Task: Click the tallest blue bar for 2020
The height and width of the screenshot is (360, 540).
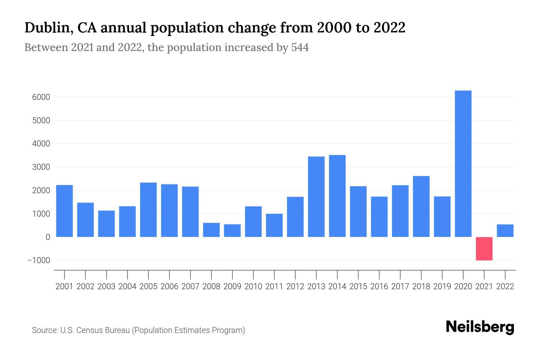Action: pyautogui.click(x=463, y=163)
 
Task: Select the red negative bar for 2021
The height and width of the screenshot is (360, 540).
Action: pyautogui.click(x=484, y=249)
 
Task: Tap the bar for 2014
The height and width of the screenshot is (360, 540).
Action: pyautogui.click(x=337, y=196)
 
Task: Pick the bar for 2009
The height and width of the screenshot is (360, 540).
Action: pyautogui.click(x=232, y=231)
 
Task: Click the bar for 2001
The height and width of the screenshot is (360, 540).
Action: pyautogui.click(x=64, y=211)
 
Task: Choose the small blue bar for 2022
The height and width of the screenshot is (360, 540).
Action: pyautogui.click(x=505, y=231)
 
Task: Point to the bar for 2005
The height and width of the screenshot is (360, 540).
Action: pyautogui.click(x=148, y=210)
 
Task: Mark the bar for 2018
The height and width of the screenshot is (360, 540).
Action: pyautogui.click(x=421, y=206)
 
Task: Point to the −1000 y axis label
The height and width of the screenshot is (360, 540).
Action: pyautogui.click(x=39, y=260)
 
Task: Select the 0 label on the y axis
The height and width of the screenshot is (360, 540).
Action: pyautogui.click(x=48, y=237)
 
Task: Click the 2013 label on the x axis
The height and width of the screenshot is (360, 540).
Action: pyautogui.click(x=316, y=286)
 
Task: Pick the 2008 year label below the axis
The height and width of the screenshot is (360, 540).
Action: pyautogui.click(x=211, y=286)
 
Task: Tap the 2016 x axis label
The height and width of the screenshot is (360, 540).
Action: pyautogui.click(x=379, y=286)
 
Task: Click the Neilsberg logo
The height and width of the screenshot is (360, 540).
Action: pyautogui.click(x=480, y=327)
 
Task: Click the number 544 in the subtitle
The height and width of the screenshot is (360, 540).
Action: pyautogui.click(x=300, y=47)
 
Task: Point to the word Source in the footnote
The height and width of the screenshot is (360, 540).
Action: pyautogui.click(x=45, y=330)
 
